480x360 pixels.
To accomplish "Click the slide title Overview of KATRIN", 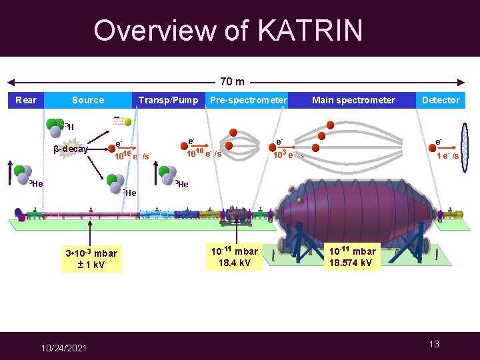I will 228,30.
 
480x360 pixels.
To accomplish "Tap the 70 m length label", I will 232,82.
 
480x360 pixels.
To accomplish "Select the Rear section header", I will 26,100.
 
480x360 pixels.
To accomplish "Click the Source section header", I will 88,100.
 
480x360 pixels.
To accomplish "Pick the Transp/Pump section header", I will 168,100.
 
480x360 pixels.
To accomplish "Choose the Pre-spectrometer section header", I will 248,100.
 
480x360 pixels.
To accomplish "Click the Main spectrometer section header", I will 353,100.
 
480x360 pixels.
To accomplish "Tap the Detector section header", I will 441,100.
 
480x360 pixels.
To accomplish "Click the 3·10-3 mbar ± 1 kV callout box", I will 91,259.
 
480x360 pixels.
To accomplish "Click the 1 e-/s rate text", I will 447,156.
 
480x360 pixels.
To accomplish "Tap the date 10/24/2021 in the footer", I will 65,347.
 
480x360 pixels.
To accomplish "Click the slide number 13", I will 434,344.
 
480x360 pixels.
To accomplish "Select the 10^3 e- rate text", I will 283,155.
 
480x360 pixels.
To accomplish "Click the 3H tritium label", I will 69,127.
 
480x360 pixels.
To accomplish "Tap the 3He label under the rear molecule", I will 35,184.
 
